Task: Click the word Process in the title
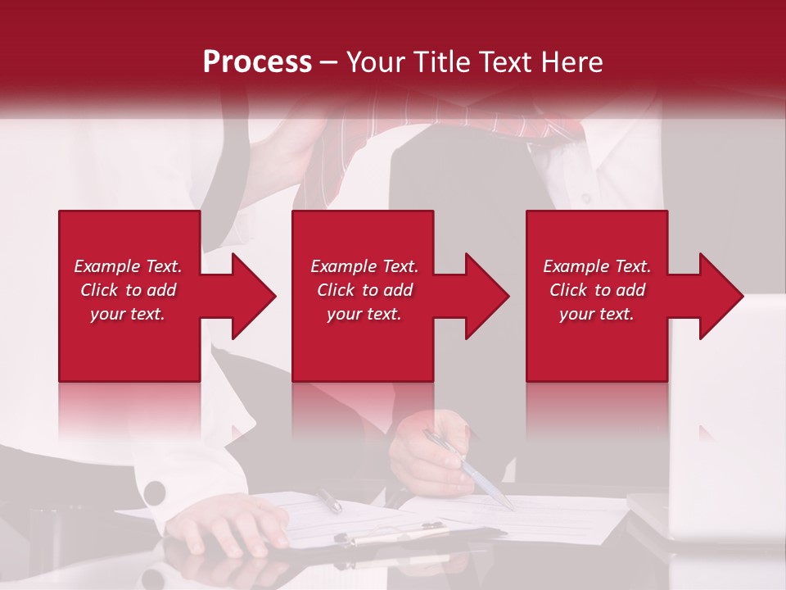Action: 257,61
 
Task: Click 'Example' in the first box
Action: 107,266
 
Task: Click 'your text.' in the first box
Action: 128,314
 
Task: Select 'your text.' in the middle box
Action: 364,314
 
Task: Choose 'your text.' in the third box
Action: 597,314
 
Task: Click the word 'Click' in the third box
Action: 568,290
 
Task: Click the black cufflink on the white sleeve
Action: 154,492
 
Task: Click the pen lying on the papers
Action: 330,499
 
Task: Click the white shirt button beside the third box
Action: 586,198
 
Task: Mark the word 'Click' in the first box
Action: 99,290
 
